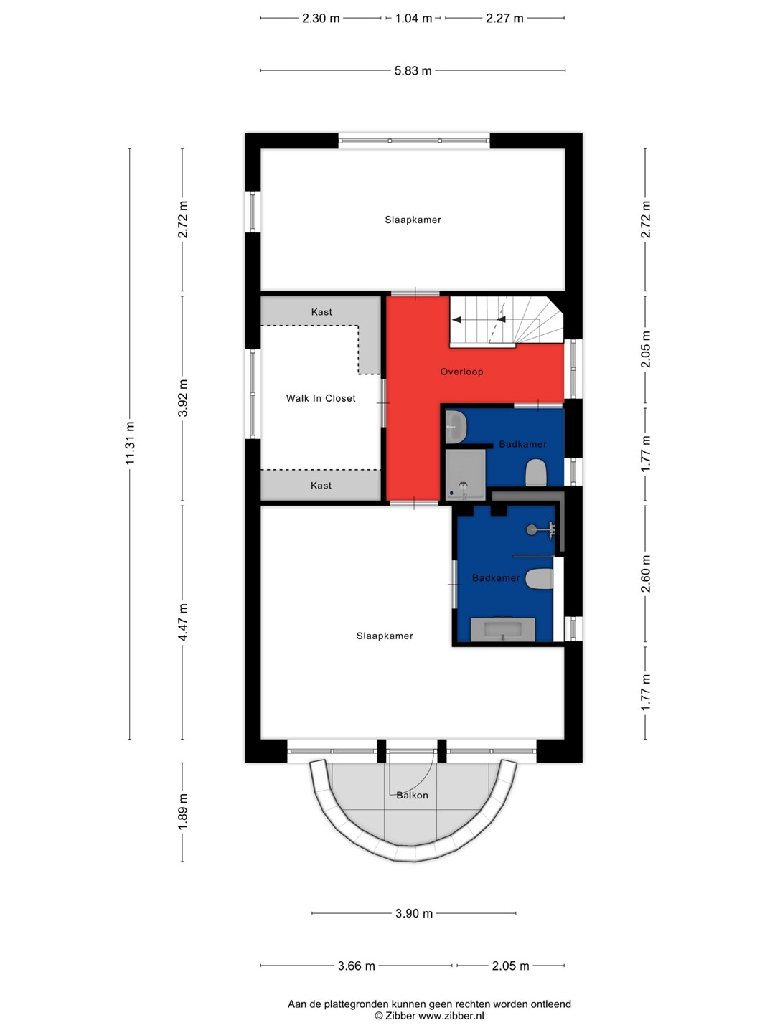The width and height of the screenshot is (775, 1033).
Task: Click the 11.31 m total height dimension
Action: pos(130,443)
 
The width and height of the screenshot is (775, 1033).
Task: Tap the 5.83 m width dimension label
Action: pos(413,70)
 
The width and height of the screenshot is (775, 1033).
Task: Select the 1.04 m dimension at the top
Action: pos(413,19)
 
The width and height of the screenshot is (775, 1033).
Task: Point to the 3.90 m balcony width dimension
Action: pos(413,913)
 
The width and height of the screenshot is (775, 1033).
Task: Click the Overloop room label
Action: pos(461,372)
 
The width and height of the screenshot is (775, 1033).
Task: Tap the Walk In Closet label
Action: pos(321,398)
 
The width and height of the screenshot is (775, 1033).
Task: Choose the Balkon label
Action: pos(412,796)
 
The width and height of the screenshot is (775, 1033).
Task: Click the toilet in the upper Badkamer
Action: pos(536,473)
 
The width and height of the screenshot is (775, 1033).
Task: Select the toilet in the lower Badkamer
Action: pos(539,579)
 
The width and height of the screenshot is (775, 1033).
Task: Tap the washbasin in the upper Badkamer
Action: pos(456,426)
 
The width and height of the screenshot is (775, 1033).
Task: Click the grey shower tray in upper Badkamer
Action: pos(465,475)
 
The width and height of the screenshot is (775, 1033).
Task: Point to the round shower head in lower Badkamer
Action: pos(531,530)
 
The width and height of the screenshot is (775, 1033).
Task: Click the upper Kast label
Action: pos(321,312)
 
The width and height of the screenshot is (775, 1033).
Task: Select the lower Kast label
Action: pos(321,485)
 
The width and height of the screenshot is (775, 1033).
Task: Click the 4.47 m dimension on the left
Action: pos(182,622)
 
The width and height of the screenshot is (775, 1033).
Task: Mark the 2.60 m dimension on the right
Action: pos(646,574)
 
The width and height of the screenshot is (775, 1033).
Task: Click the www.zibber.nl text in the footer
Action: pos(451,1016)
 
